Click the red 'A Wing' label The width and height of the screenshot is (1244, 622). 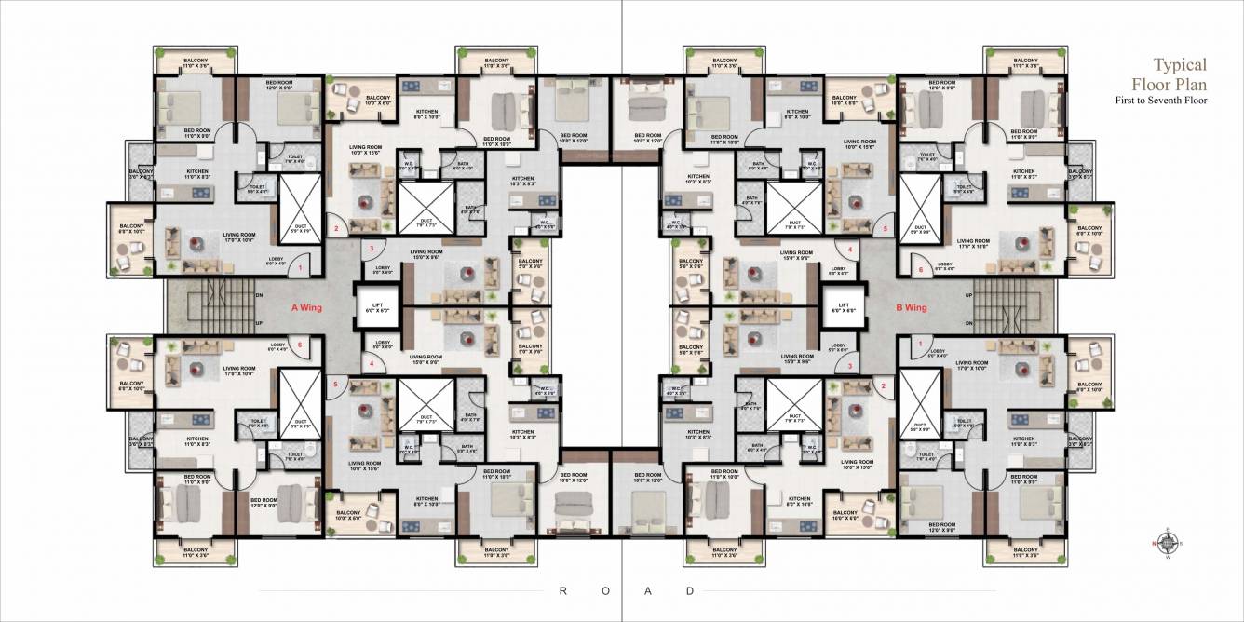click(307, 306)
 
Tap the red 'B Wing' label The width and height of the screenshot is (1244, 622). click(912, 306)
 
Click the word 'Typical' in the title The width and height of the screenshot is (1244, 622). click(1180, 65)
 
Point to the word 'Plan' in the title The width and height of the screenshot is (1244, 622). click(1193, 84)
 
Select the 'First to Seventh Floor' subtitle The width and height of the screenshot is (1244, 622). click(1160, 100)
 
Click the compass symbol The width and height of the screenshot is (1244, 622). click(1163, 542)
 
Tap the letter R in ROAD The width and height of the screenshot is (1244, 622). click(563, 590)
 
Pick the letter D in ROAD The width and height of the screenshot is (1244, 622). click(690, 590)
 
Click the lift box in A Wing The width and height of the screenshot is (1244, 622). click(378, 306)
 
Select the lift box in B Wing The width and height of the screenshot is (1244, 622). click(844, 306)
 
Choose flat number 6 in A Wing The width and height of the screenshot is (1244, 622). click(300, 344)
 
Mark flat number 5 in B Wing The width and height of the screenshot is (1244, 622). click(886, 228)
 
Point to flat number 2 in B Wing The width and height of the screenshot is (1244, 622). click(885, 385)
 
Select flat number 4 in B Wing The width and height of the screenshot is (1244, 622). click(850, 249)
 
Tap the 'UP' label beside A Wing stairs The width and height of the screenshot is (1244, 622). click(259, 323)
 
